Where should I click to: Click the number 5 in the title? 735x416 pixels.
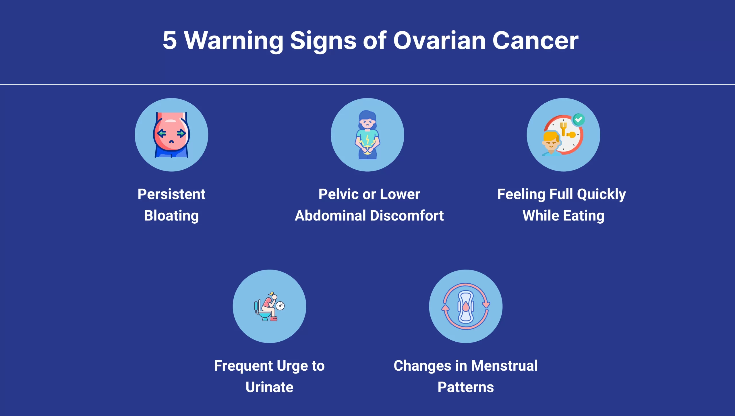click(170, 40)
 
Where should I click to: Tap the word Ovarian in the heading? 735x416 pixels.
click(439, 40)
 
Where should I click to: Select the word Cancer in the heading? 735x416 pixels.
click(535, 40)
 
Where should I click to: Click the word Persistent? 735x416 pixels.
click(171, 194)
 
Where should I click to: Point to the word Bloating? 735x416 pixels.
click(171, 216)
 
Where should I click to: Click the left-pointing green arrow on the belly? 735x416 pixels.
click(162, 133)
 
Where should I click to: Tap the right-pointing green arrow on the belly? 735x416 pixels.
click(181, 133)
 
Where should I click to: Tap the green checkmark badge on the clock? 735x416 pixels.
click(579, 119)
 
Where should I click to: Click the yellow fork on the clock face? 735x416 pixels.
click(563, 128)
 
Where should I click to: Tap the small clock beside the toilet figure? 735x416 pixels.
click(280, 306)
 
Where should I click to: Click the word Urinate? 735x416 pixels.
click(269, 387)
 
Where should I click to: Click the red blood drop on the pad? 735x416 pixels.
click(466, 307)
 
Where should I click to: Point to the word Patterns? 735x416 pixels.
click(466, 387)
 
